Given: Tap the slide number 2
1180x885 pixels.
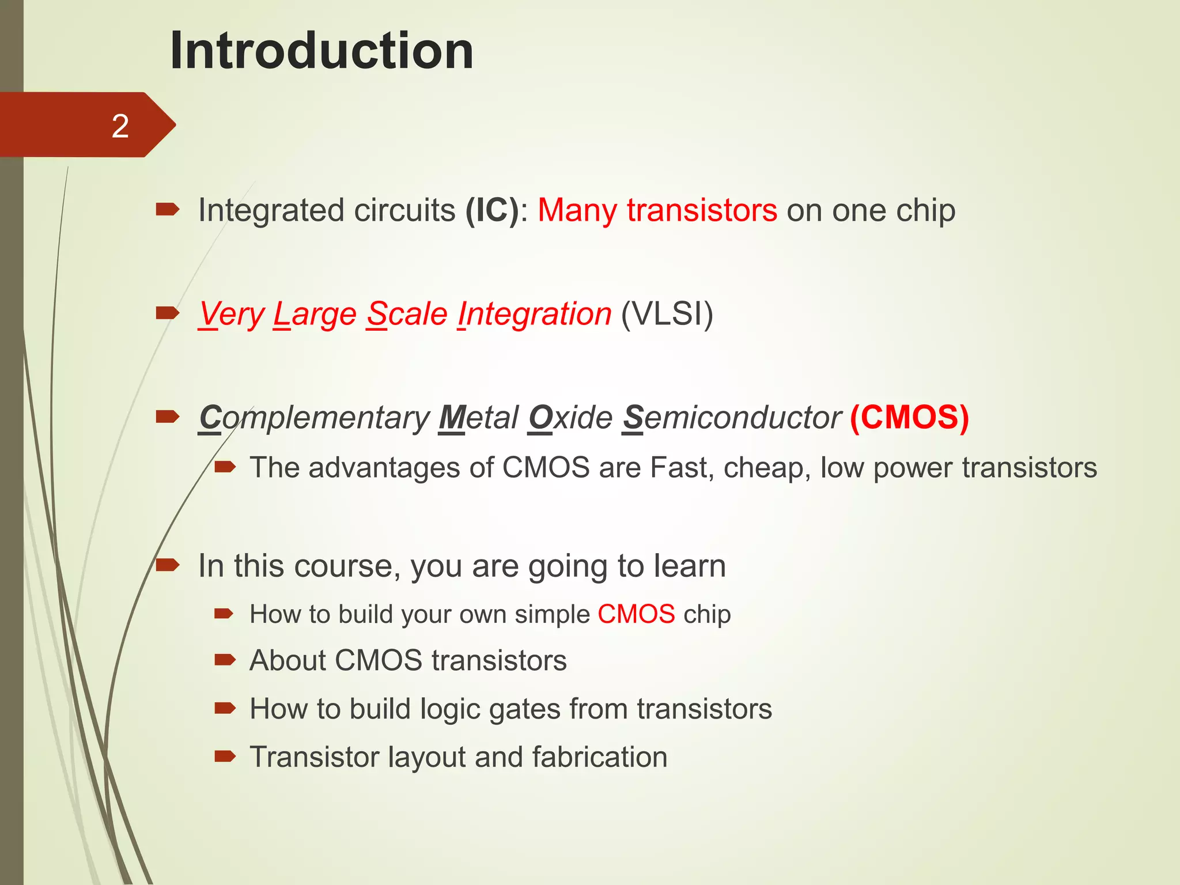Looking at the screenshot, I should click(x=120, y=126).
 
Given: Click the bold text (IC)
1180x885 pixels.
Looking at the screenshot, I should click(x=493, y=210).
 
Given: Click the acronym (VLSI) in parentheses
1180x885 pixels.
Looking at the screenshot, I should click(x=667, y=314).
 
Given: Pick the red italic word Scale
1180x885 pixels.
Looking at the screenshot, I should click(x=407, y=314).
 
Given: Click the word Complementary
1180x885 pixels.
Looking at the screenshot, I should click(x=314, y=418).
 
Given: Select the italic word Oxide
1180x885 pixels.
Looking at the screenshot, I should click(x=570, y=417).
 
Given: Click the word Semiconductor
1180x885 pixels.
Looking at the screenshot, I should click(x=732, y=417).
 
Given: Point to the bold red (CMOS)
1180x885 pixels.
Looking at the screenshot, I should click(x=909, y=417).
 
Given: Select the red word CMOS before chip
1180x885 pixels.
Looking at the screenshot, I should click(x=636, y=614).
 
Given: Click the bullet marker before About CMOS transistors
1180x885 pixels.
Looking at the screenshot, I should click(x=225, y=660).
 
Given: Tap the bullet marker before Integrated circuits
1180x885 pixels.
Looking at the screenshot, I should click(x=168, y=210).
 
